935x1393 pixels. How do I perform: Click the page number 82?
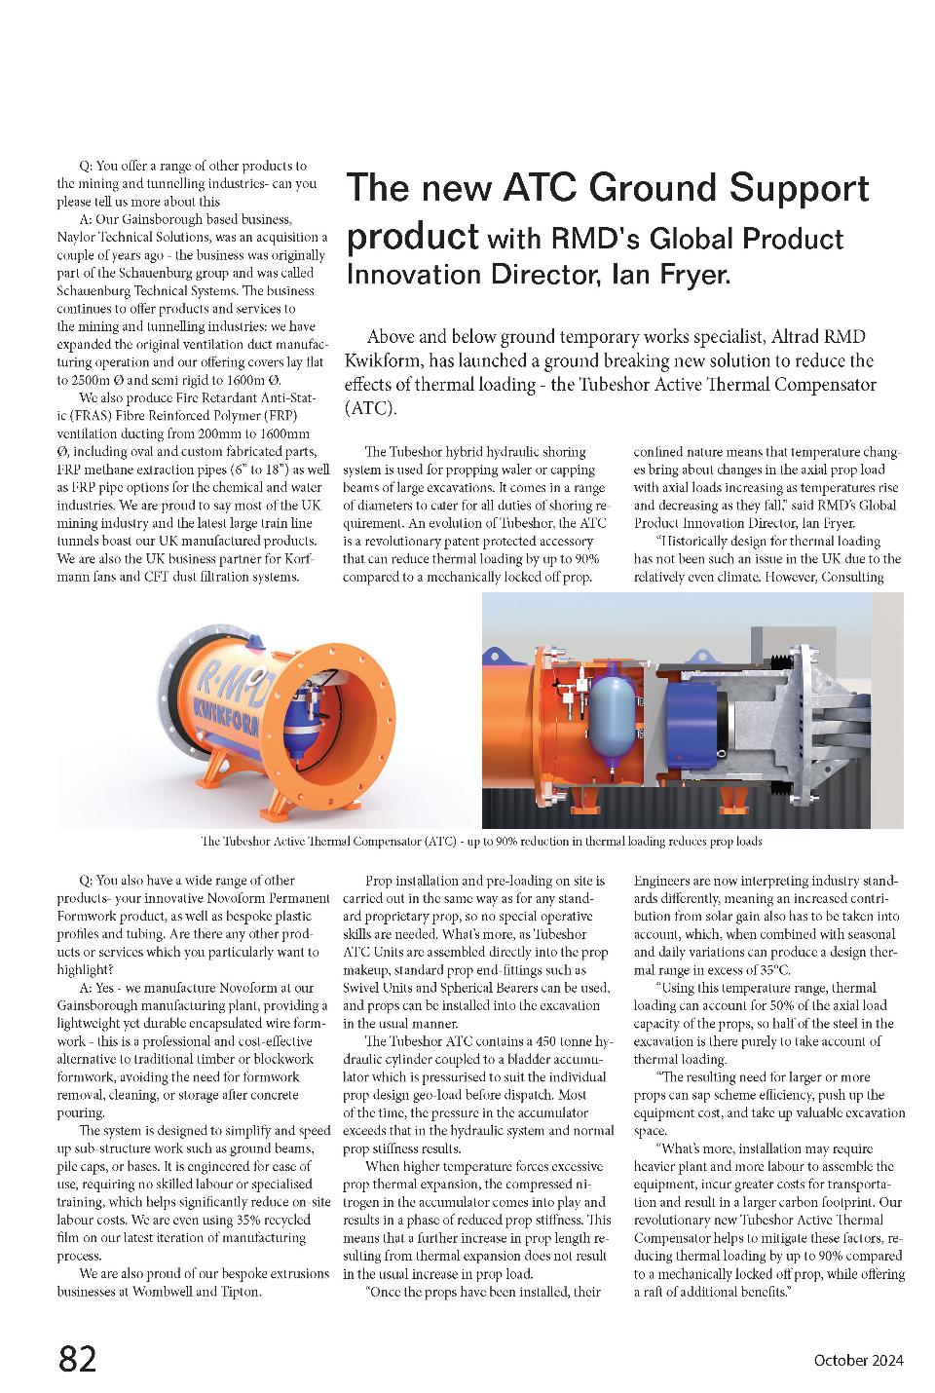pyautogui.click(x=78, y=1358)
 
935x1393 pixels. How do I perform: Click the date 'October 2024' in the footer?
pyautogui.click(x=858, y=1361)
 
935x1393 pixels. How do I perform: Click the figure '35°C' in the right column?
pyautogui.click(x=772, y=970)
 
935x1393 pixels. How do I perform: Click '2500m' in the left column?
pyautogui.click(x=80, y=378)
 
